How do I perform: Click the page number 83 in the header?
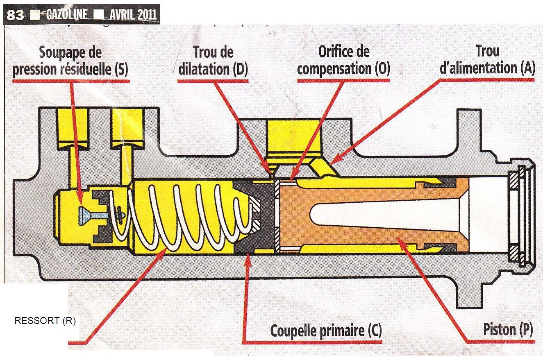16,15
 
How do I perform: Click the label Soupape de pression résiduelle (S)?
70,61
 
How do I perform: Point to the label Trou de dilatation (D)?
213,61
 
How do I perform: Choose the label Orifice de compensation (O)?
343,60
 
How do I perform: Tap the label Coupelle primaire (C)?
326,330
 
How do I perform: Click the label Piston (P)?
508,330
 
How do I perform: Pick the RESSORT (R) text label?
45,321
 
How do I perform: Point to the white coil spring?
184,217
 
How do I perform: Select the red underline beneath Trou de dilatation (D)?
213,81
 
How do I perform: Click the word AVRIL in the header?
123,15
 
